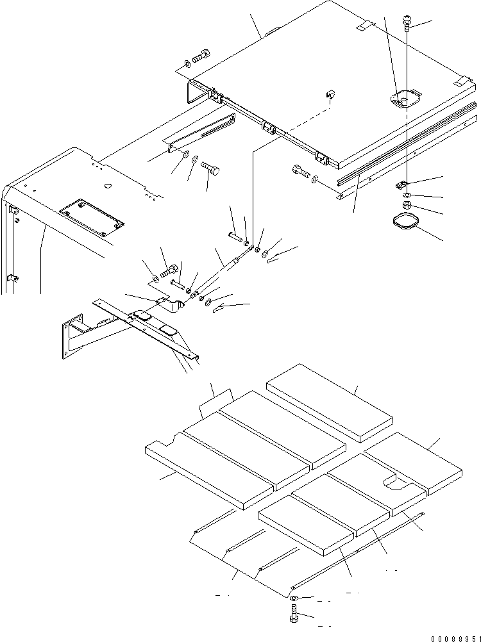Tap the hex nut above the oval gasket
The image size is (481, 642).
click(x=407, y=206)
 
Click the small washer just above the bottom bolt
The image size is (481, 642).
click(x=293, y=598)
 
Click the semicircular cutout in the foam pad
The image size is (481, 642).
click(x=392, y=482)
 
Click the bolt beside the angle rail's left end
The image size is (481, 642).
click(x=300, y=171)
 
